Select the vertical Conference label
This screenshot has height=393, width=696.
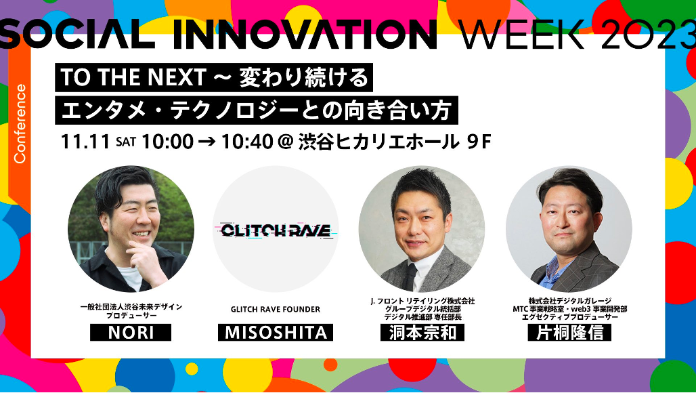click(20, 123)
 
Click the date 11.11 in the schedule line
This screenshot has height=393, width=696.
click(85, 142)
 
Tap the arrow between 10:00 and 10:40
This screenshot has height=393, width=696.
click(207, 142)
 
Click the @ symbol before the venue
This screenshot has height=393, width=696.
click(283, 142)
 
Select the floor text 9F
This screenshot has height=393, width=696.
click(479, 142)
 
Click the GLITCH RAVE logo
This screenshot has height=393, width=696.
click(276, 230)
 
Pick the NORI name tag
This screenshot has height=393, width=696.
click(131, 332)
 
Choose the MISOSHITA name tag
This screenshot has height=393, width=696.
click(276, 332)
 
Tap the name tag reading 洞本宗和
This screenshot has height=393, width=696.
click(422, 332)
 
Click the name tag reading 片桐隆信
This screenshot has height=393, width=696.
click(569, 332)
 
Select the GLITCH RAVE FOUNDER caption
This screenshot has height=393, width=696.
click(275, 309)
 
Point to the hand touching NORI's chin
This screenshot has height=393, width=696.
click(143, 254)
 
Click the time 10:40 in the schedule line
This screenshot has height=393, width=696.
click(246, 142)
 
